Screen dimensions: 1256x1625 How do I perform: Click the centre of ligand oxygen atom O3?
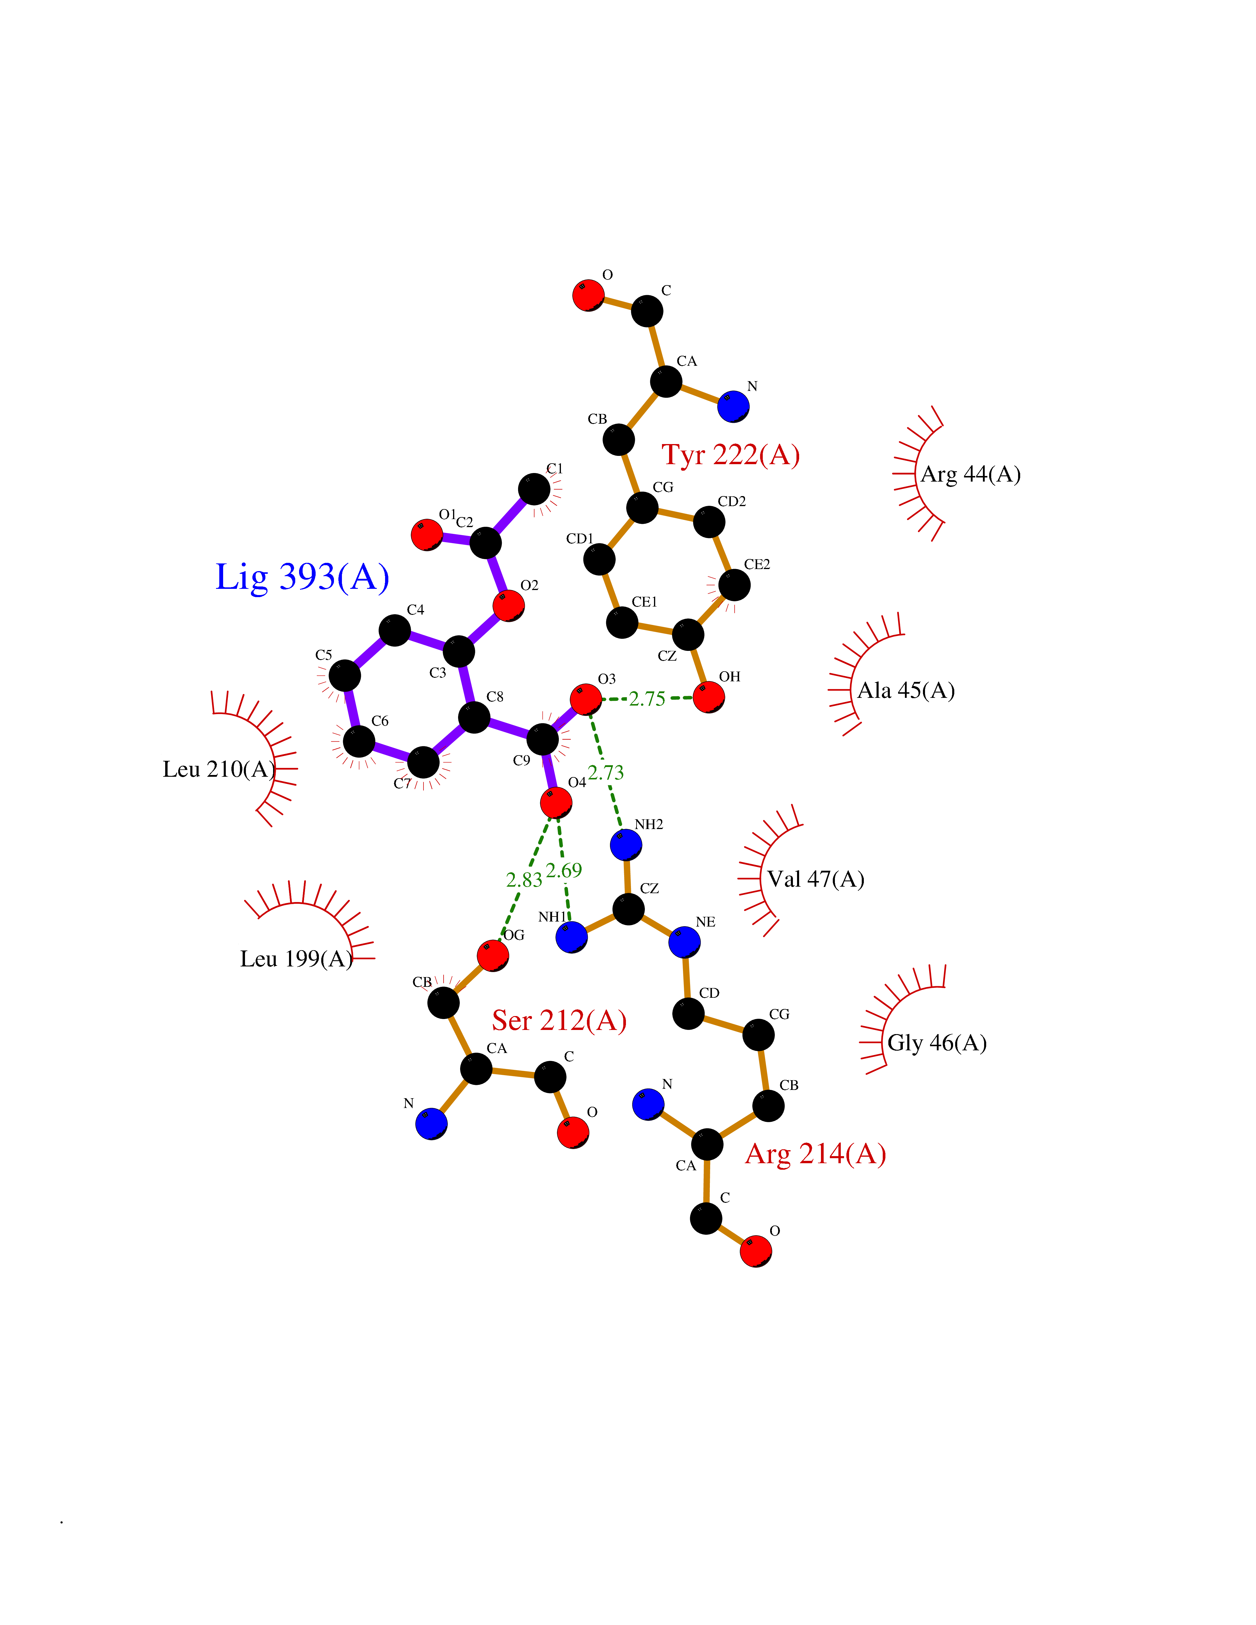tap(585, 699)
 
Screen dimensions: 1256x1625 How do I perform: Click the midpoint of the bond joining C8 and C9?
tap(508, 728)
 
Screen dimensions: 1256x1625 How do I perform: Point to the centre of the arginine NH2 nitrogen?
tap(626, 845)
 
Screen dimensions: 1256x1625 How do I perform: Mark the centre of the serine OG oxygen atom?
tap(493, 955)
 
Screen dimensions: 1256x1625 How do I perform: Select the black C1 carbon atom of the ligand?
tap(533, 489)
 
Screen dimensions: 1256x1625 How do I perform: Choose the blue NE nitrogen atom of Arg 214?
tap(684, 943)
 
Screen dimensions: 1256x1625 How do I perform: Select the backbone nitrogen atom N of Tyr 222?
tap(734, 406)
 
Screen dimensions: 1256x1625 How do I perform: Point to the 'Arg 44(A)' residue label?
tap(971, 475)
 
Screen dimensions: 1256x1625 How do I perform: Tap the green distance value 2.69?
tap(564, 870)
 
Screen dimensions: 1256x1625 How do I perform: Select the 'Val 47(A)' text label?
tap(816, 880)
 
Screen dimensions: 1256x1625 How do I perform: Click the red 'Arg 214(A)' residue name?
tap(815, 1154)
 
